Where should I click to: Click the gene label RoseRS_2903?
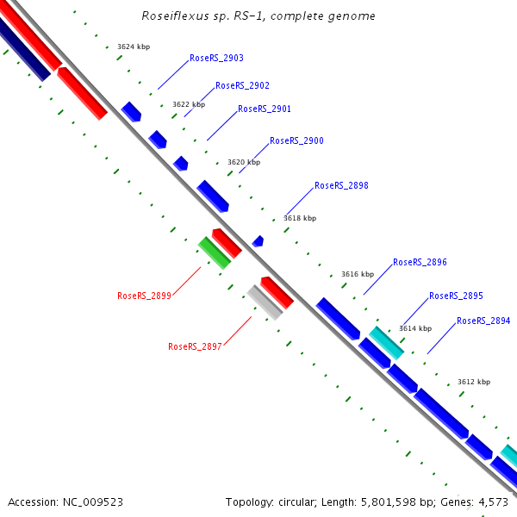(216, 58)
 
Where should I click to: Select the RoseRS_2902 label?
(242, 85)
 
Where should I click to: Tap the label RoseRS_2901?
(265, 109)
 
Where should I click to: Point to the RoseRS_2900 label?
(296, 140)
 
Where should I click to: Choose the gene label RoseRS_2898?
(341, 185)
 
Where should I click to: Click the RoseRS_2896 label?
(420, 262)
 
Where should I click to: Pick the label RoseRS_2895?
(456, 296)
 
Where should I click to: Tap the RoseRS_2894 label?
(483, 321)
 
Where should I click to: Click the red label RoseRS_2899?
(144, 296)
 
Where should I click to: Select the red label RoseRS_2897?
(195, 346)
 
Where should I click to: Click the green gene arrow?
(214, 252)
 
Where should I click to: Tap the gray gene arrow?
(265, 302)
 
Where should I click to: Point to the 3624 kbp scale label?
(134, 47)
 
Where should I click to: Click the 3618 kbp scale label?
(300, 218)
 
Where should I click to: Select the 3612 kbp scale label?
(474, 382)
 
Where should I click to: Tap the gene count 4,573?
(492, 501)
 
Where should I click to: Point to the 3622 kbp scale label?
(189, 104)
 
